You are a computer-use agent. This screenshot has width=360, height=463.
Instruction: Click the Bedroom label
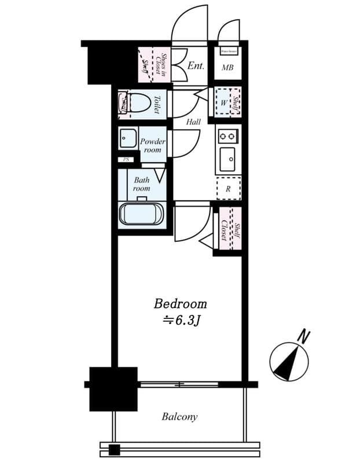click(180, 303)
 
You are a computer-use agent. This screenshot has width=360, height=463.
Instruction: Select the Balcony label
click(179, 416)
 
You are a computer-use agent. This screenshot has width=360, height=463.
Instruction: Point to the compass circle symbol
click(289, 362)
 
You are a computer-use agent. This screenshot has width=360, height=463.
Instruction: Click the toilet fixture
click(138, 104)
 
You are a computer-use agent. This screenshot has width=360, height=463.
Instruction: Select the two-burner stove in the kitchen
click(228, 137)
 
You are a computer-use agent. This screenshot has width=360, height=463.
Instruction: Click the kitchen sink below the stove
click(228, 157)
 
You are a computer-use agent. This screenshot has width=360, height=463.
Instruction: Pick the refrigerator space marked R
click(228, 188)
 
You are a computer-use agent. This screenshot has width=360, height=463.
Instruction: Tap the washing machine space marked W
click(223, 104)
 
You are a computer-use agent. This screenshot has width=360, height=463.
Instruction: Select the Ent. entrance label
click(196, 65)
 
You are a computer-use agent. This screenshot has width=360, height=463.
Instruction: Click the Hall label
click(193, 122)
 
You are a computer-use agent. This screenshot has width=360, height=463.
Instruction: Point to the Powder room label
click(153, 145)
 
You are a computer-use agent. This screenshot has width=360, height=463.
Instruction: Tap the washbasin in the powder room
click(126, 139)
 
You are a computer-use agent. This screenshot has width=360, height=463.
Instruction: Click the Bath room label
click(141, 184)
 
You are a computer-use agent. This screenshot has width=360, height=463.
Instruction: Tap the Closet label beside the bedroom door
click(223, 230)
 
